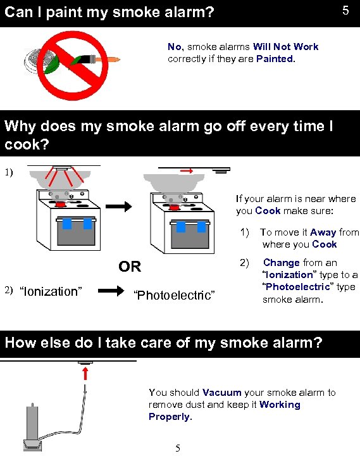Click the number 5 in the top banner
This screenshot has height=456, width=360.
point(345,11)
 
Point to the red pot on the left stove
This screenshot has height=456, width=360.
point(61,204)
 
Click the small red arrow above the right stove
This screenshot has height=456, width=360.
point(188,170)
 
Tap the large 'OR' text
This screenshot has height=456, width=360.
point(130,267)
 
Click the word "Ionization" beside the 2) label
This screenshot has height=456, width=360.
point(51,291)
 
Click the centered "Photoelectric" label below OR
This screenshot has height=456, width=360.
point(175,295)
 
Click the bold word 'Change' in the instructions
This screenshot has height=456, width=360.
point(282,262)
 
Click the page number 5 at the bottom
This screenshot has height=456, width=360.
point(178,448)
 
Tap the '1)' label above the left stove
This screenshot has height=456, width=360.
point(8,171)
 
